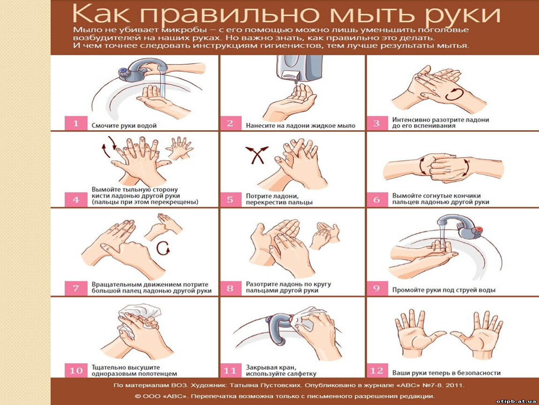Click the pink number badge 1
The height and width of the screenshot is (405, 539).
pyautogui.click(x=75, y=123)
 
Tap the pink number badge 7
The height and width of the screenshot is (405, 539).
pyautogui.click(x=75, y=288)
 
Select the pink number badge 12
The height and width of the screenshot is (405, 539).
pyautogui.click(x=377, y=371)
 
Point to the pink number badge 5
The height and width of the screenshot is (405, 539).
pyautogui.click(x=230, y=200)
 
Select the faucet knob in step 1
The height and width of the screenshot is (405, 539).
pyautogui.click(x=123, y=72)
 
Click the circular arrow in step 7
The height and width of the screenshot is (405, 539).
pyautogui.click(x=163, y=248)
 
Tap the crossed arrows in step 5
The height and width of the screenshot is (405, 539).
pyautogui.click(x=256, y=155)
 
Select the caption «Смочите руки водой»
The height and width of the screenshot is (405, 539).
pyautogui.click(x=124, y=126)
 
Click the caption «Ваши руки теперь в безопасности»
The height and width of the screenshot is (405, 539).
pyautogui.click(x=446, y=373)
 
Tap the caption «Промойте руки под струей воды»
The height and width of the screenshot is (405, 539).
pyautogui.click(x=444, y=290)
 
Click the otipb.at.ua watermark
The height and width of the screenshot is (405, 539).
pyautogui.click(x=517, y=401)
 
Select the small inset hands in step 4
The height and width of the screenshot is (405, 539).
pyautogui.click(x=179, y=148)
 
